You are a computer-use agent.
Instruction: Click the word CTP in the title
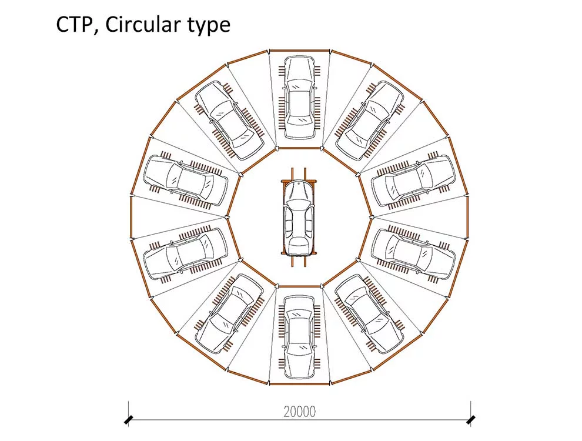point(75,25)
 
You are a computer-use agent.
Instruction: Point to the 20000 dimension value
point(299,412)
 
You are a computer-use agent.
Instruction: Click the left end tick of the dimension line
point(129,420)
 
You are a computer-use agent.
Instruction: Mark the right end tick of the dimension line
point(470,420)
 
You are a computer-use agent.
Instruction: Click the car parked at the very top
point(299,97)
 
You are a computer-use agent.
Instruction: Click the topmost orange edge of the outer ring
point(299,51)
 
